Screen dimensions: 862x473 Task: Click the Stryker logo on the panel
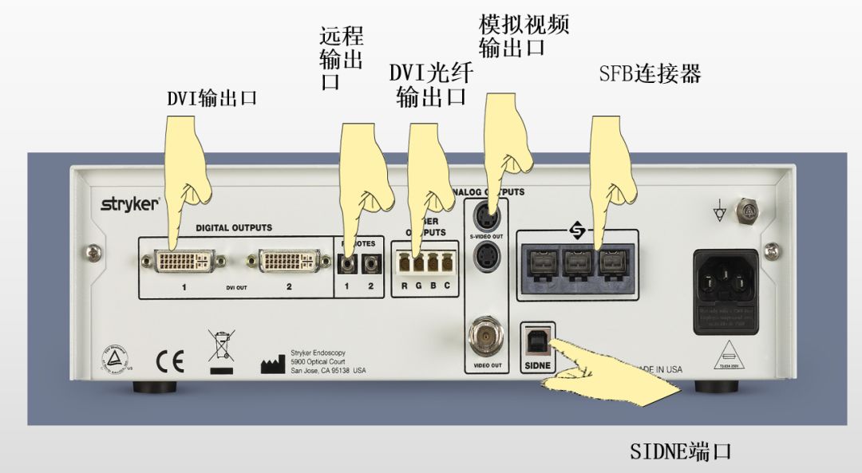coord(129,203)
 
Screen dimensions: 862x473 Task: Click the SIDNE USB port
coord(536,341)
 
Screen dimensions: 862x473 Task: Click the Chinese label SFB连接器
coord(650,75)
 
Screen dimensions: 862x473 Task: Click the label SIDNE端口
coord(680,452)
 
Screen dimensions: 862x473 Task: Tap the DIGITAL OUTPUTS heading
coord(234,227)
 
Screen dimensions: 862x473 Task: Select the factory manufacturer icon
coord(272,365)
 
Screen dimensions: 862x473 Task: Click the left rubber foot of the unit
coord(154,388)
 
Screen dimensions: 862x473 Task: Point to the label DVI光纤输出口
coord(431,85)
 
